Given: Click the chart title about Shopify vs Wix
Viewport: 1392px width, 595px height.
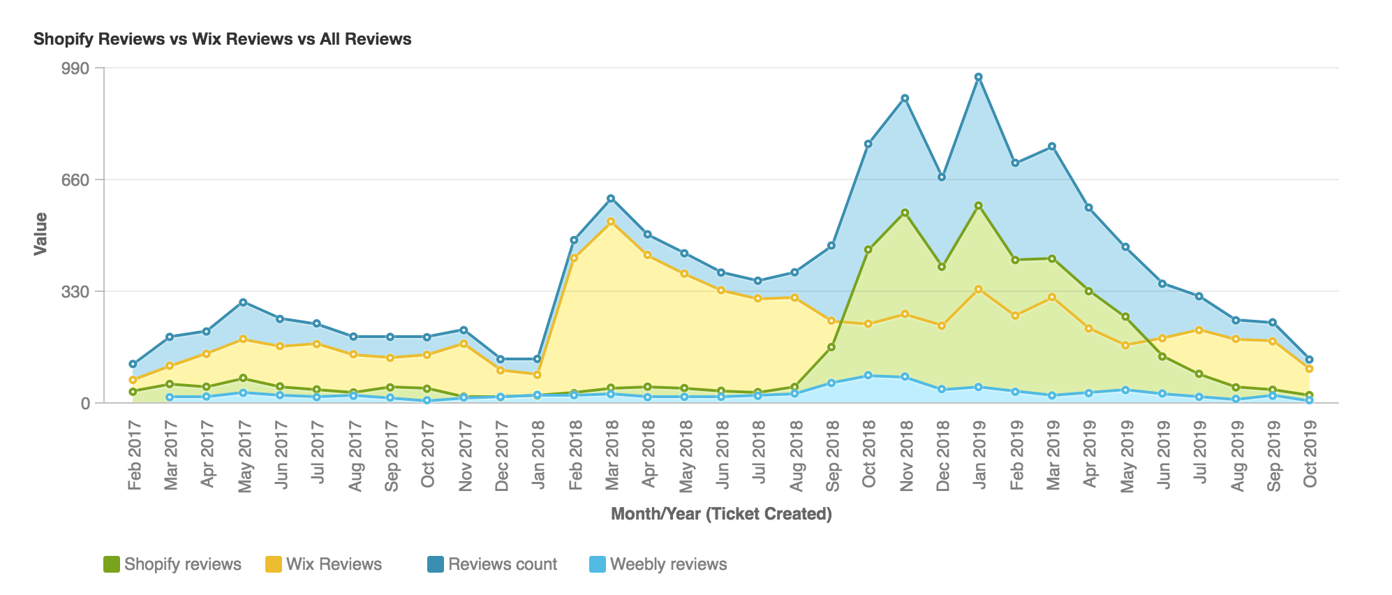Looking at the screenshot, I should [222, 39].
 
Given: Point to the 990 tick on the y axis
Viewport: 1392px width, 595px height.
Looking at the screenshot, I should [77, 68].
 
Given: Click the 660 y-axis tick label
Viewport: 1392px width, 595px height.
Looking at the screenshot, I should [77, 179].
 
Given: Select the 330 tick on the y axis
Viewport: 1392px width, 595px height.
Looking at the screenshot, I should [77, 291].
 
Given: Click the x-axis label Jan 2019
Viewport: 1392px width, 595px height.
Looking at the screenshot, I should [979, 447].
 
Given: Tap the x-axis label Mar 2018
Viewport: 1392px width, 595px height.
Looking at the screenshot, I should [612, 447].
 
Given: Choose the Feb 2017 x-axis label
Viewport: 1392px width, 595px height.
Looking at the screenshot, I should [134, 447].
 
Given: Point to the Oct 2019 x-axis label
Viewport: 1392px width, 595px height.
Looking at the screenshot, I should [1310, 447].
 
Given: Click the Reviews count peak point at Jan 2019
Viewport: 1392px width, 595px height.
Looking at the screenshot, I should [979, 77].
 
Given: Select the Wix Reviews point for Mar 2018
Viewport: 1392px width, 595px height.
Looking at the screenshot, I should [611, 221].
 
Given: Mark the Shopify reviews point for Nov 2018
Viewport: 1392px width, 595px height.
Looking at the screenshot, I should [905, 212].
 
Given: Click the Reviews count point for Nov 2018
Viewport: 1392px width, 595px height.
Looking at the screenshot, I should [905, 98].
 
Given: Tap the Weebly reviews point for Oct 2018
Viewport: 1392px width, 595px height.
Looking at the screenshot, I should [868, 376].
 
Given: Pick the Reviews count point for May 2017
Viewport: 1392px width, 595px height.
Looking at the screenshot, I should [243, 302].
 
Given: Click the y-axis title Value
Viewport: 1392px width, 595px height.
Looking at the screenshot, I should [41, 234].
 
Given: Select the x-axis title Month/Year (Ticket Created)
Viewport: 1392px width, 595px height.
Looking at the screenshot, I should [721, 515].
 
